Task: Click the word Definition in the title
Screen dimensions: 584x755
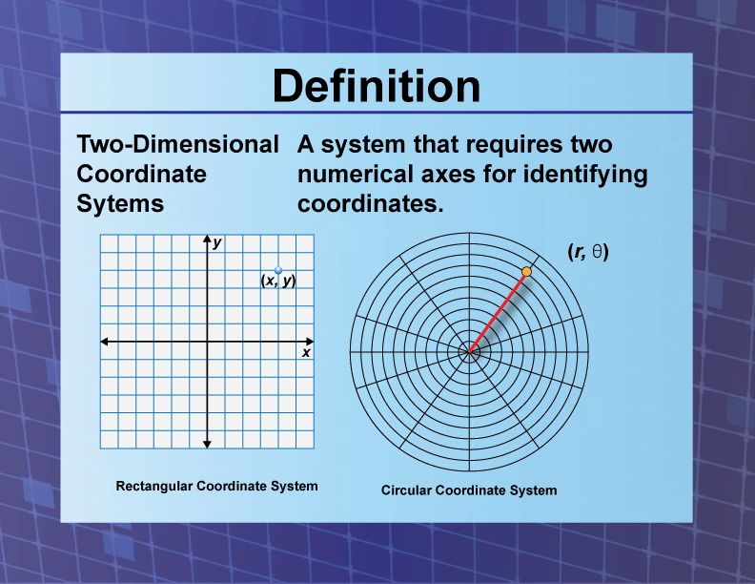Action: point(377,87)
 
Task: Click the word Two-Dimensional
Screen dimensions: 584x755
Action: point(177,145)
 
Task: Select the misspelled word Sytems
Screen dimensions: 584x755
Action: point(120,203)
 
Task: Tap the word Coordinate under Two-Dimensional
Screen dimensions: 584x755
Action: point(141,174)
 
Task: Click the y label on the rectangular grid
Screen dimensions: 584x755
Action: point(218,243)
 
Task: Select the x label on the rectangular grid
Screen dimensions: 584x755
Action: point(306,353)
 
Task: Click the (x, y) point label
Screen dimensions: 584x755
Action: point(277,281)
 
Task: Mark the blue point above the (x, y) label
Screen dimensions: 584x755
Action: point(278,270)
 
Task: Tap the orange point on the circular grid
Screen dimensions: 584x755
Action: point(526,272)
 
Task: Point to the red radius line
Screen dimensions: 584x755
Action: point(498,312)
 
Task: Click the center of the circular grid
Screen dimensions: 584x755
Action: point(469,351)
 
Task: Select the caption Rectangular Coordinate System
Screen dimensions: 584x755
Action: point(216,486)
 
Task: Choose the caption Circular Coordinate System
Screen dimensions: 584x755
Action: point(469,490)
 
